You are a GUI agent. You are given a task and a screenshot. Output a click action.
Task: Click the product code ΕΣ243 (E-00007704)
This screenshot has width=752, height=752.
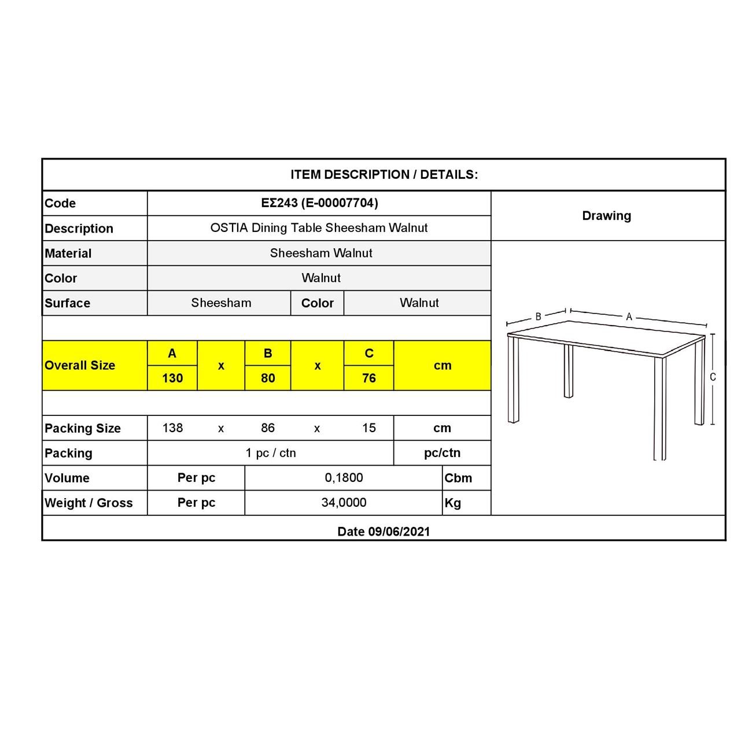pyautogui.click(x=319, y=203)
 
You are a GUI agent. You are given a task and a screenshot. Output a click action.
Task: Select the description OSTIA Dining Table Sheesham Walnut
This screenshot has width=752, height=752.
pyautogui.click(x=319, y=228)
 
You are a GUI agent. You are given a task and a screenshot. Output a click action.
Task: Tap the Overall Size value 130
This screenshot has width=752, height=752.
pyautogui.click(x=172, y=378)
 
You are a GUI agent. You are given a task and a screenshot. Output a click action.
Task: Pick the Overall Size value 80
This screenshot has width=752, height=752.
pyautogui.click(x=268, y=378)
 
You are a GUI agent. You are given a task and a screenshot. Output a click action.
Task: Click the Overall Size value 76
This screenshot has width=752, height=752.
pyautogui.click(x=369, y=378)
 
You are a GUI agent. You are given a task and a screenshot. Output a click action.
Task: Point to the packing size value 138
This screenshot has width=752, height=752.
pyautogui.click(x=172, y=428)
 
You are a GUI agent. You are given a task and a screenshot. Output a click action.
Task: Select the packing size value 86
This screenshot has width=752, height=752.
pyautogui.click(x=268, y=428)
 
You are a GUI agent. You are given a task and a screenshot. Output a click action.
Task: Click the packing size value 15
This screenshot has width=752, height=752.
pyautogui.click(x=369, y=428)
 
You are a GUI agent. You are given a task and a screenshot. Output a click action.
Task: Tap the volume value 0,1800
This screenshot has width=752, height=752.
pyautogui.click(x=344, y=478)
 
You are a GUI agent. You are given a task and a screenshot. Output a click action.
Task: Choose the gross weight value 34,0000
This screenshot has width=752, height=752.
pyautogui.click(x=344, y=503)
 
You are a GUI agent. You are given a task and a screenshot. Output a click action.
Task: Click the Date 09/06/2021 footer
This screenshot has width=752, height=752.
pyautogui.click(x=384, y=532)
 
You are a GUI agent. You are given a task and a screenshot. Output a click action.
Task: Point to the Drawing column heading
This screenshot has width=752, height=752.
pyautogui.click(x=606, y=216)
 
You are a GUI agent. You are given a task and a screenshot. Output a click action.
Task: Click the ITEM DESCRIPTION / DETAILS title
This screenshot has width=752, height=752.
pyautogui.click(x=384, y=175)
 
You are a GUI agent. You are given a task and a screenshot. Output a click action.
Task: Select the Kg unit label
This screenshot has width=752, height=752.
pyautogui.click(x=453, y=503)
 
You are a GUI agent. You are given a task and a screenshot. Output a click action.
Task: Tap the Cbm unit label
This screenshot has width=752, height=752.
pyautogui.click(x=458, y=478)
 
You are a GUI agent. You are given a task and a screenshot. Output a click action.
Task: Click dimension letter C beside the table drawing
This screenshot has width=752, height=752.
pyautogui.click(x=713, y=377)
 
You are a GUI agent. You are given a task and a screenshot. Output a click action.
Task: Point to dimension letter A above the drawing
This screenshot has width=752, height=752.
pyautogui.click(x=629, y=317)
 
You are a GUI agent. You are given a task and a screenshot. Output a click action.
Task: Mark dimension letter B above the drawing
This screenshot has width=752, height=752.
pyautogui.click(x=538, y=316)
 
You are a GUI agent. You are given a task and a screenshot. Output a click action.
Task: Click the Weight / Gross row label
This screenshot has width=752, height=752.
pyautogui.click(x=89, y=503)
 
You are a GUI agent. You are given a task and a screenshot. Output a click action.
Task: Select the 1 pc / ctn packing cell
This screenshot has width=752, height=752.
pyautogui.click(x=270, y=453)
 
